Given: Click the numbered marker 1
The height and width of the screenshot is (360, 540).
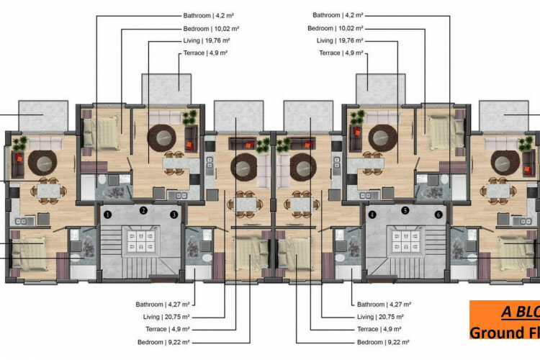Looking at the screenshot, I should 105,214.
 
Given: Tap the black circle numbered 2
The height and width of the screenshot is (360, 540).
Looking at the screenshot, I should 144,210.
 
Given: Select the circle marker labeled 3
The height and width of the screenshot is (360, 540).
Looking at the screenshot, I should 174,214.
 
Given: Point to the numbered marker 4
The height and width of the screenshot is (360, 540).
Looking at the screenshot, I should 372,214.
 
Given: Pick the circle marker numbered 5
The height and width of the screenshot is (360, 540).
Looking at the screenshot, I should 405,210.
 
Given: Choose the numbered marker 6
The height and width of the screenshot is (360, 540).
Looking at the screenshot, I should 438,214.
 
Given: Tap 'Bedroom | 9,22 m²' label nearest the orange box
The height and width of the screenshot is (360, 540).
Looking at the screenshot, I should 383,343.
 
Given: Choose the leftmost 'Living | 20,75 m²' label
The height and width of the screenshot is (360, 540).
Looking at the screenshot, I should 166,317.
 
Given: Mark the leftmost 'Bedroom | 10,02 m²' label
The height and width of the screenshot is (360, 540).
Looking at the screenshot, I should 211,28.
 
